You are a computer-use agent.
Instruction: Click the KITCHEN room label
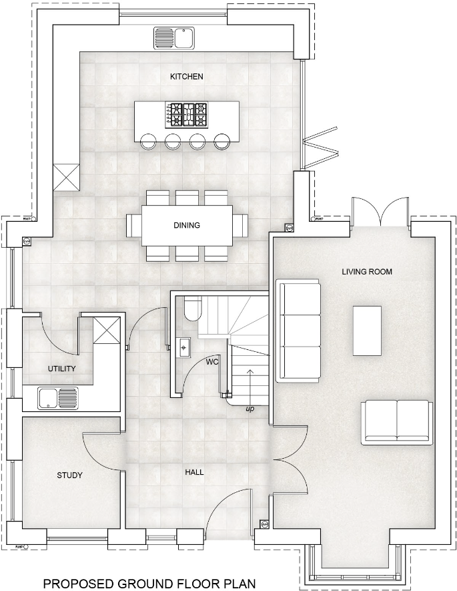(187, 77)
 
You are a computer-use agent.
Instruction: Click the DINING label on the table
(187, 225)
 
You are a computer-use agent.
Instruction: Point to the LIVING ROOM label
(366, 272)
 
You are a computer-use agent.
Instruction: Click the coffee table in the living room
(367, 331)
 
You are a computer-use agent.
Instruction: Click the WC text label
(212, 363)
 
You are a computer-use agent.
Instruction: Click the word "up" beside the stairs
(250, 407)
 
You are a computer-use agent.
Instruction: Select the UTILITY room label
(61, 369)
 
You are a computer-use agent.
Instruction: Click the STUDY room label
(69, 475)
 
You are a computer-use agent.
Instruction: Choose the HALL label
(194, 472)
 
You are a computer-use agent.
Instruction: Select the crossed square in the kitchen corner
(67, 176)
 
